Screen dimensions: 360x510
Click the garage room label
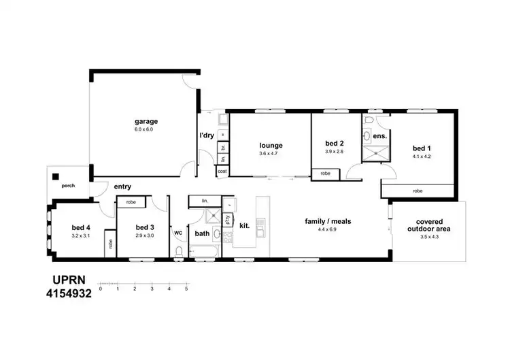(x=146, y=122)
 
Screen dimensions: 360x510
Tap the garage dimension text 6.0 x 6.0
(x=146, y=129)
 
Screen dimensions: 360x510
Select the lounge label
(x=270, y=145)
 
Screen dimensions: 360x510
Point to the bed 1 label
(x=422, y=148)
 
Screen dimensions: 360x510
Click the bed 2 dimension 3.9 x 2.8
(x=334, y=151)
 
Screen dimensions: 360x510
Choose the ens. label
(x=379, y=136)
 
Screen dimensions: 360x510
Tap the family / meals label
(x=328, y=222)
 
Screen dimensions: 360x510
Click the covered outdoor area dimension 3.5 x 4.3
(x=428, y=238)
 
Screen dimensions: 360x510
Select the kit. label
(x=244, y=225)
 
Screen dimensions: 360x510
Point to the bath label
(x=203, y=233)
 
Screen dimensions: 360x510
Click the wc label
(x=178, y=232)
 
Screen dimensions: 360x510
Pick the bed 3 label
(x=146, y=227)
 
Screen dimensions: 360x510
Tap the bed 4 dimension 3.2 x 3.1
(x=81, y=235)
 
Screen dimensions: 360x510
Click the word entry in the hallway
(x=122, y=186)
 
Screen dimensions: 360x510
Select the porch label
(x=68, y=183)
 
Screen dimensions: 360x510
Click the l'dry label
(x=207, y=135)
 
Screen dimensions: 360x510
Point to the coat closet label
(x=222, y=171)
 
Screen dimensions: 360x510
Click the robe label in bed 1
(x=418, y=191)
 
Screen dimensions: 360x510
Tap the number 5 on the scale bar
(x=186, y=289)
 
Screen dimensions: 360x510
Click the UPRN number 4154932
(x=67, y=293)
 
